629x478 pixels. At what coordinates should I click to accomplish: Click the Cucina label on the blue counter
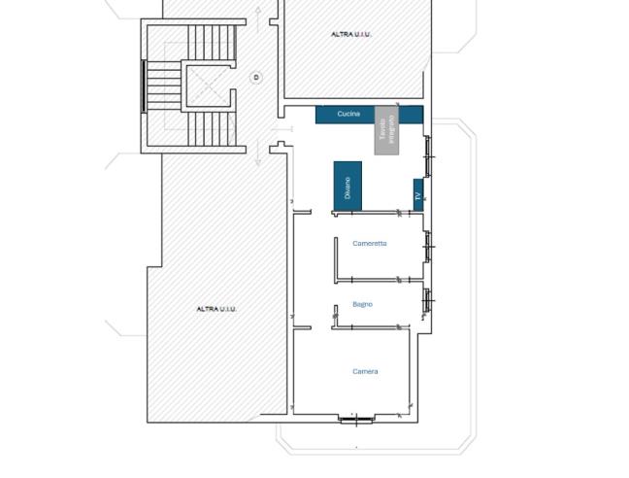348,115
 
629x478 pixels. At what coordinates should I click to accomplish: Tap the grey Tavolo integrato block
387,130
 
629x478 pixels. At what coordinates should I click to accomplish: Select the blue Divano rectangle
348,186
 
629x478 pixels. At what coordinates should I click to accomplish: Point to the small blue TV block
418,193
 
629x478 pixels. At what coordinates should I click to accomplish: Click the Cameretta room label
369,244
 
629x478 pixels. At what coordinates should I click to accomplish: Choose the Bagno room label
362,304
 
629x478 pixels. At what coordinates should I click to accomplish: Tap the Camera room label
365,371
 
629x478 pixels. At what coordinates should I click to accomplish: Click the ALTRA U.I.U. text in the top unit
350,34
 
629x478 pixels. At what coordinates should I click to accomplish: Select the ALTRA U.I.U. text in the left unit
216,309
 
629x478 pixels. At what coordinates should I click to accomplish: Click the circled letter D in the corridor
256,77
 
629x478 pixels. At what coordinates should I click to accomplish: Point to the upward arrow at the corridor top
257,12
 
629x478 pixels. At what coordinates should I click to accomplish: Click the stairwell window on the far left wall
145,85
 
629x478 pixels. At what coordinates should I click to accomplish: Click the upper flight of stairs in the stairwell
212,43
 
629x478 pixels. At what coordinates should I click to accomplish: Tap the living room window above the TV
427,156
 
